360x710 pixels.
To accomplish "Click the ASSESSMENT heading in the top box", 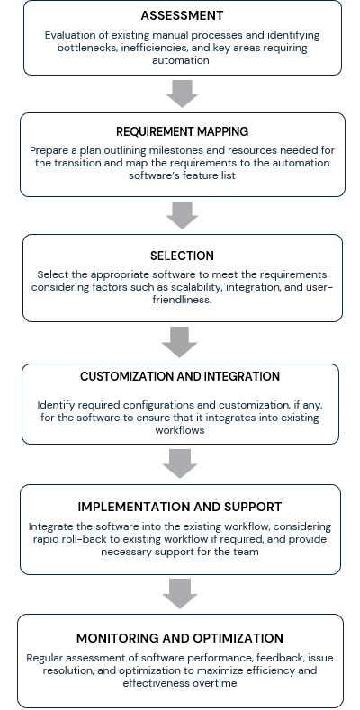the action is click(182, 15).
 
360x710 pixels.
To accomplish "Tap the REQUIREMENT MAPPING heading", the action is click(182, 131).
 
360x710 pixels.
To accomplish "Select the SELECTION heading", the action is click(182, 256).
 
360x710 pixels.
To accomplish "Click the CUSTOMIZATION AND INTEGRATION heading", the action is click(180, 376).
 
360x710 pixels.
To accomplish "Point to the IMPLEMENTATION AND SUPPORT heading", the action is click(180, 507).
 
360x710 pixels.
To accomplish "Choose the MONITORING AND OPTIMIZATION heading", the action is click(180, 638).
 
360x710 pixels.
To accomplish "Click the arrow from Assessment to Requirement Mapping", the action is click(182, 94).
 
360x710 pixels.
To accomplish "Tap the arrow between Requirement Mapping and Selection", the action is click(182, 215).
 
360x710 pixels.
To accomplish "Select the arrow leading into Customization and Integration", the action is click(180, 342).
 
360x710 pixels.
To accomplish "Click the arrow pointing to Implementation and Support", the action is click(180, 463).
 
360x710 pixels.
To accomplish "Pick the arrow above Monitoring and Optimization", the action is click(180, 594).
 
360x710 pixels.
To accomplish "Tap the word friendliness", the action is click(182, 300).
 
